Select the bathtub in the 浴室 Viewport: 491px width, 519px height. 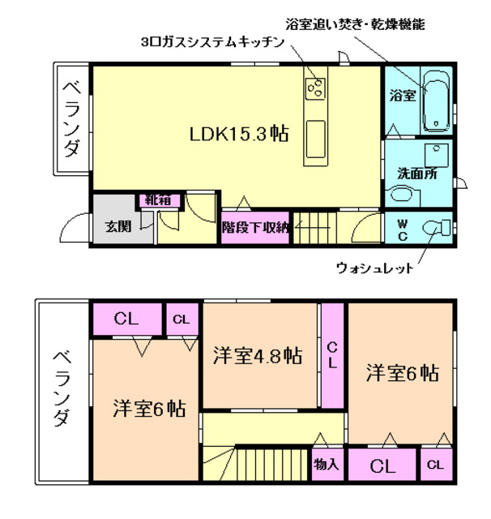[x=438, y=102]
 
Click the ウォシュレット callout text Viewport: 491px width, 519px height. [x=375, y=268]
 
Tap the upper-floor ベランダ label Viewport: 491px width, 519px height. [x=72, y=117]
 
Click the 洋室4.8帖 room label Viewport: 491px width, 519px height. [x=258, y=355]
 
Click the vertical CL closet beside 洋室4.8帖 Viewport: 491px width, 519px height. [x=332, y=355]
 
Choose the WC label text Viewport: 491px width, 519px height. [x=402, y=229]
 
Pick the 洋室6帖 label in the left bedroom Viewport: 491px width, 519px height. [x=148, y=408]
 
